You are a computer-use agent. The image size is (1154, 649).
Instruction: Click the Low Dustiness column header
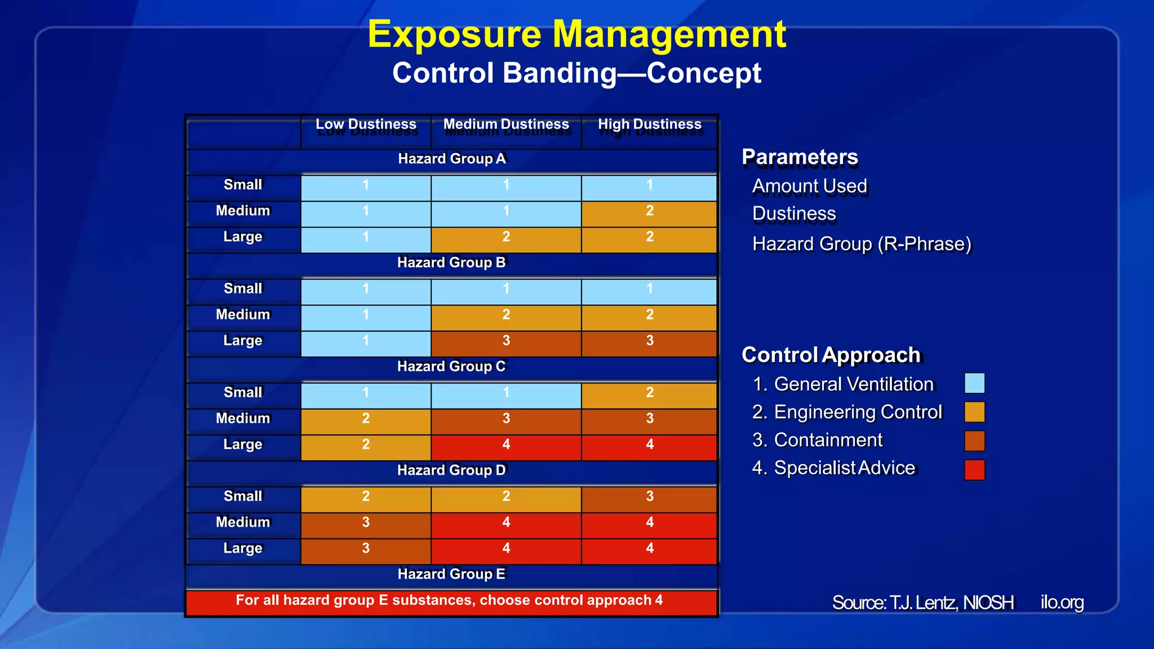point(366,125)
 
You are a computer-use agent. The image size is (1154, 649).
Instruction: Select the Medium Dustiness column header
point(506,125)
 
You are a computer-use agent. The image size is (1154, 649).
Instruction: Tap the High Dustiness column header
point(650,125)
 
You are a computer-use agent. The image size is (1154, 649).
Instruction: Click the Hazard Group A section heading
point(452,159)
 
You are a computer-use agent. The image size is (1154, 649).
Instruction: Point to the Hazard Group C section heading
point(452,367)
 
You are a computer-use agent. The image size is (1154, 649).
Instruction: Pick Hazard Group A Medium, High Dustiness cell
point(650,211)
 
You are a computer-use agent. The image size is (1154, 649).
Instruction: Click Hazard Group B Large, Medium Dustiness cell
point(506,341)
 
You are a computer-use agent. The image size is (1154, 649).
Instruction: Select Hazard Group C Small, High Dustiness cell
point(650,393)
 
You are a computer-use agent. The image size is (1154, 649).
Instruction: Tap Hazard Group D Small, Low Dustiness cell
point(366,496)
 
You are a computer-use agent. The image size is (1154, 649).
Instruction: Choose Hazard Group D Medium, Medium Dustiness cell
point(506,522)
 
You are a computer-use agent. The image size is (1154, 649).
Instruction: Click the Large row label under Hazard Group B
point(243,341)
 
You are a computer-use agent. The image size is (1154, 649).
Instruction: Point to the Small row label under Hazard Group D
point(243,496)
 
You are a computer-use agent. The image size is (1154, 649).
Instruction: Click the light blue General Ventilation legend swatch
point(974,383)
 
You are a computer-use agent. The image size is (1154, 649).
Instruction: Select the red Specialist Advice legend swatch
point(974,469)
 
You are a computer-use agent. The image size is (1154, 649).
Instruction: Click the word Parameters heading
point(800,157)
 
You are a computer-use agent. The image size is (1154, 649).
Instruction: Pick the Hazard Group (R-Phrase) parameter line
point(862,244)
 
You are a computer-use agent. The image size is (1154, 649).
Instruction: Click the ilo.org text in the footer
point(1062,602)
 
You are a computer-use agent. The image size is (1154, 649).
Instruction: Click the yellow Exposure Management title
point(576,34)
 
